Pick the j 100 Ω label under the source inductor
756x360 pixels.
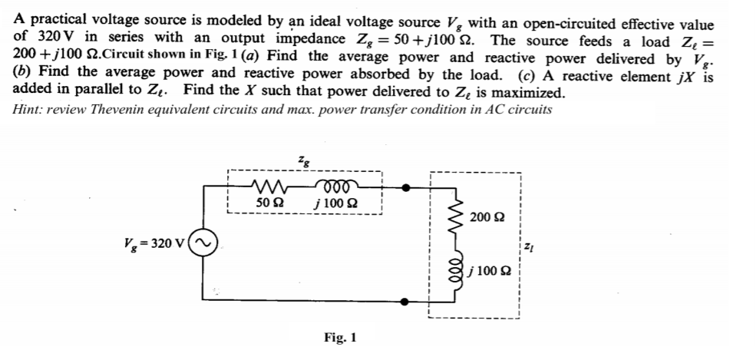[335, 203]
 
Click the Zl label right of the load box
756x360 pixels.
[530, 246]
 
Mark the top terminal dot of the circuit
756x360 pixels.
[407, 186]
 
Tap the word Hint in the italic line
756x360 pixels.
[28, 108]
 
